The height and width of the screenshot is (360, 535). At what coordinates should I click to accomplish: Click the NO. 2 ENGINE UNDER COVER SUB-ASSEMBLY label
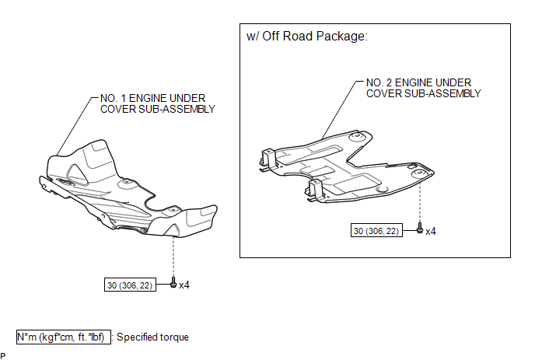tap(422, 88)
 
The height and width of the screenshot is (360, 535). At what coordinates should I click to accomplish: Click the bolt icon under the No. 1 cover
tap(173, 285)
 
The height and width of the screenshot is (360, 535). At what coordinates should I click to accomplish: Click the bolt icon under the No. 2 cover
tap(420, 230)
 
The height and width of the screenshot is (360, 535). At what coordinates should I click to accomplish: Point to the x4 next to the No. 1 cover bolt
tap(184, 285)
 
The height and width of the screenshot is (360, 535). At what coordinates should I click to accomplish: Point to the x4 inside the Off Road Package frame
tap(430, 231)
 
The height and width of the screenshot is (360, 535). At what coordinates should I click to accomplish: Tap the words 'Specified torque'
tap(153, 337)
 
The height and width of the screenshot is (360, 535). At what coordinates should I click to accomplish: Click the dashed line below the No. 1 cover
tap(173, 257)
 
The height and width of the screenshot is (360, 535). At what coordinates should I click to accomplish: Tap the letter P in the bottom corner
tap(4, 355)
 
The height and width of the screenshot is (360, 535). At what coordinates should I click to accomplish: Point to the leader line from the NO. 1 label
tap(74, 124)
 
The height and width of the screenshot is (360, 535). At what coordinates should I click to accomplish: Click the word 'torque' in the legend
tap(173, 337)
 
